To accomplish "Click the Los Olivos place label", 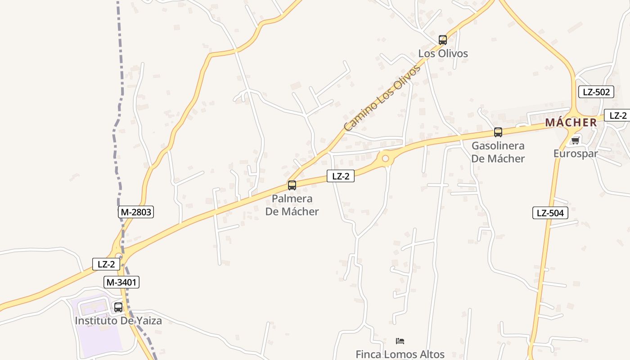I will [443, 54].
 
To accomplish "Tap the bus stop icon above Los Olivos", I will [443, 40].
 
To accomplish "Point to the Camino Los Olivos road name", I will [382, 98].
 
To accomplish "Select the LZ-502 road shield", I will [596, 92].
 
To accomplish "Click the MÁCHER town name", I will [571, 122].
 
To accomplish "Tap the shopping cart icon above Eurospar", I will [575, 140].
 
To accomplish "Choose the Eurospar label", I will [576, 153].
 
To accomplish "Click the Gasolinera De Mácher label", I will [498, 152].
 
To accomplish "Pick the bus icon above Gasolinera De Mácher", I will [498, 132].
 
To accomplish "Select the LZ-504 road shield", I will [550, 213].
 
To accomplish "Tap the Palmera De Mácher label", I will [292, 205].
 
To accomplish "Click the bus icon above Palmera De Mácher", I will [292, 185].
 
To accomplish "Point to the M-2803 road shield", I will [136, 212].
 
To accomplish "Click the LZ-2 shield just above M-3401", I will [106, 264].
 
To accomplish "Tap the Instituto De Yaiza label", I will [118, 321].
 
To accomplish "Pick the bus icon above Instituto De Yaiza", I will [118, 307].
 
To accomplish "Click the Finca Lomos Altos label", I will [400, 354].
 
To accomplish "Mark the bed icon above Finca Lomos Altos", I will [400, 341].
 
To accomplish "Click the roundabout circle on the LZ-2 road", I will [385, 158].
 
